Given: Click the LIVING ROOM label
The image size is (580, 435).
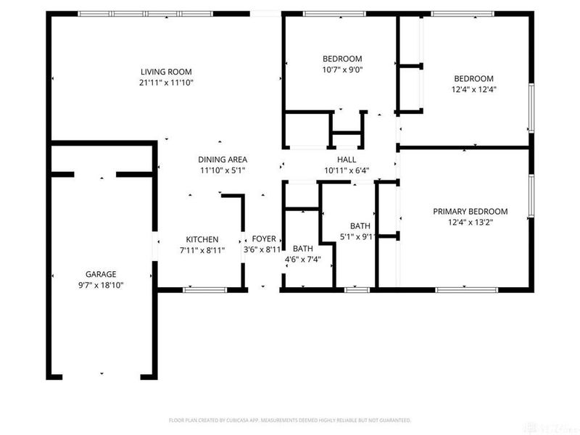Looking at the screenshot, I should pos(167,71).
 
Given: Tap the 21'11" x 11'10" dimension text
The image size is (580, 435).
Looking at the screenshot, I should pos(167,83).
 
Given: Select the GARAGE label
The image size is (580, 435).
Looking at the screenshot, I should pos(101,274).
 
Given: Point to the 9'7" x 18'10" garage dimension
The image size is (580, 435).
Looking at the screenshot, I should pos(101,286).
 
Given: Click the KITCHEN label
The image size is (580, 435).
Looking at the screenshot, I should pos(202,239).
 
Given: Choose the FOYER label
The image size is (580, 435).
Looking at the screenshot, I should pos(263,239).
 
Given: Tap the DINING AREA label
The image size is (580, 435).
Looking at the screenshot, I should pos(223,159).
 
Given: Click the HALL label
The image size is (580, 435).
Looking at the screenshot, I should pos(347,159).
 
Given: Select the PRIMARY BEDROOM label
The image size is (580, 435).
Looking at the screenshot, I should pos(470,212).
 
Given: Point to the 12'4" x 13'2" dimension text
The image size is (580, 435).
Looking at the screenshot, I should pos(470,223).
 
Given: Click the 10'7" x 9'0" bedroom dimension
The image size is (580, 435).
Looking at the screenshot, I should pos(341,70).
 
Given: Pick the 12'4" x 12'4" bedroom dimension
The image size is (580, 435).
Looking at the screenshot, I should pos(473,90).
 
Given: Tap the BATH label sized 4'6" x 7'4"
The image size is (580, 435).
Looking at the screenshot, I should pos(303,248).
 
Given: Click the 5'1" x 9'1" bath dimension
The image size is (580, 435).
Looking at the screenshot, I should pos(360,237).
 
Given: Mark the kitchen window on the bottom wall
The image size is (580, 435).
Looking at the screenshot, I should pos(204,290).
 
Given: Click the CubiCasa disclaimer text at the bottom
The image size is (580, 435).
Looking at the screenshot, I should pos(290,420).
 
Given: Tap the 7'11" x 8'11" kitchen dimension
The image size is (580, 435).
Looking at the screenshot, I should pos(202,250).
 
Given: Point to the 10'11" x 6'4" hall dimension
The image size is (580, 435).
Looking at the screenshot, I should pos(347,171).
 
